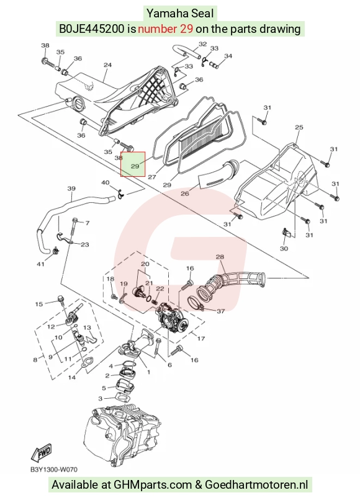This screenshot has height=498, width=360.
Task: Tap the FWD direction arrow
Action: click(x=41, y=451)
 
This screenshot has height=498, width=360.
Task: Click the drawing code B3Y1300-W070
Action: click(x=54, y=469)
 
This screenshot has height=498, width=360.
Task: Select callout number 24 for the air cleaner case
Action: click(x=108, y=64)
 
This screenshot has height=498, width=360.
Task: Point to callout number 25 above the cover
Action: click(x=299, y=127)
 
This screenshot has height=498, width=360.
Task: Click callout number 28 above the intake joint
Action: click(x=220, y=257)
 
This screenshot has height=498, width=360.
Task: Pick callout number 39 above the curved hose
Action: click(x=71, y=189)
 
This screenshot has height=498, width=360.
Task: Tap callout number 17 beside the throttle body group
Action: click(x=201, y=339)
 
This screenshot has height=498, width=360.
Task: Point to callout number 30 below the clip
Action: click(x=284, y=248)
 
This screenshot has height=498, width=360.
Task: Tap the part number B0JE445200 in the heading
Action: click(x=91, y=29)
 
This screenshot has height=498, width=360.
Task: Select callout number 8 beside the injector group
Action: click(x=35, y=359)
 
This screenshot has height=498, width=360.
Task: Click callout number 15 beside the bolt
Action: click(x=38, y=304)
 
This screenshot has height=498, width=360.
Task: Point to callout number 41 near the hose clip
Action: click(x=40, y=264)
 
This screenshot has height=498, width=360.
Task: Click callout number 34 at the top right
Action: click(x=228, y=56)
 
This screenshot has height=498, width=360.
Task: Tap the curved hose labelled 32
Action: click(x=186, y=51)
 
